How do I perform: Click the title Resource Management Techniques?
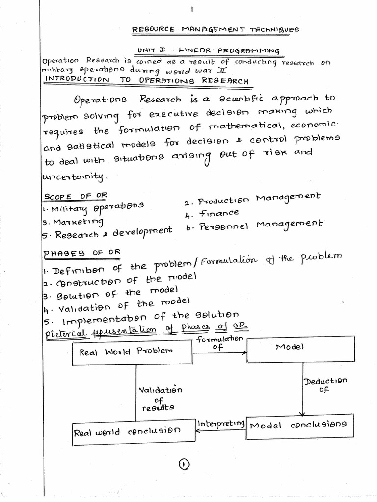215,30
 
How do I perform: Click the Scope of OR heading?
75,196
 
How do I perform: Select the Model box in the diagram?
300,349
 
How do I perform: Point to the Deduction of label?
325,385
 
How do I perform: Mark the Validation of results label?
160,399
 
